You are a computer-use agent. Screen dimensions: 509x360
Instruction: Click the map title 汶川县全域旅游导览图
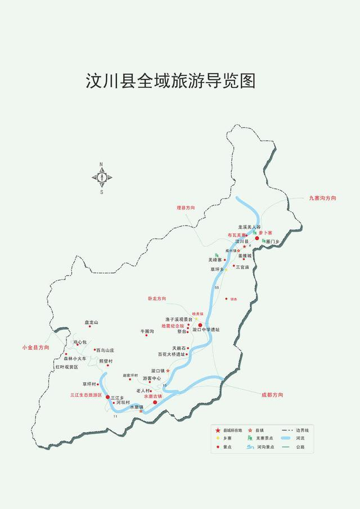[x=170, y=80]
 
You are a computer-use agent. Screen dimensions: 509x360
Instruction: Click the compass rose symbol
[x=102, y=177]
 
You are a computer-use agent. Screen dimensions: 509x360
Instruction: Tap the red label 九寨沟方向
[x=322, y=199]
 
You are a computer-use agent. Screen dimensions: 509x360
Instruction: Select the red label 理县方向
[x=185, y=208]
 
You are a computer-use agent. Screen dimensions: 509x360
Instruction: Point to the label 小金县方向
[x=35, y=348]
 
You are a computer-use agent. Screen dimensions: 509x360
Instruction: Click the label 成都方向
[x=273, y=395]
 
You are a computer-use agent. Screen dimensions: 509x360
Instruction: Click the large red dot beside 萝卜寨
[x=257, y=238]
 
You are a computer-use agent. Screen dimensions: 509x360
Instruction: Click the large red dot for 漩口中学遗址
[x=200, y=325]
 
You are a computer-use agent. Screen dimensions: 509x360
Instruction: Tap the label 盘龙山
[x=91, y=322]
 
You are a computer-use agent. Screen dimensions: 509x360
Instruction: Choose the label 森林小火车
[x=75, y=358]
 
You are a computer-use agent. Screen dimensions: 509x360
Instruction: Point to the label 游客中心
[x=151, y=379]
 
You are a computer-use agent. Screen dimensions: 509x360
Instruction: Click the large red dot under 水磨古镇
[x=155, y=402]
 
